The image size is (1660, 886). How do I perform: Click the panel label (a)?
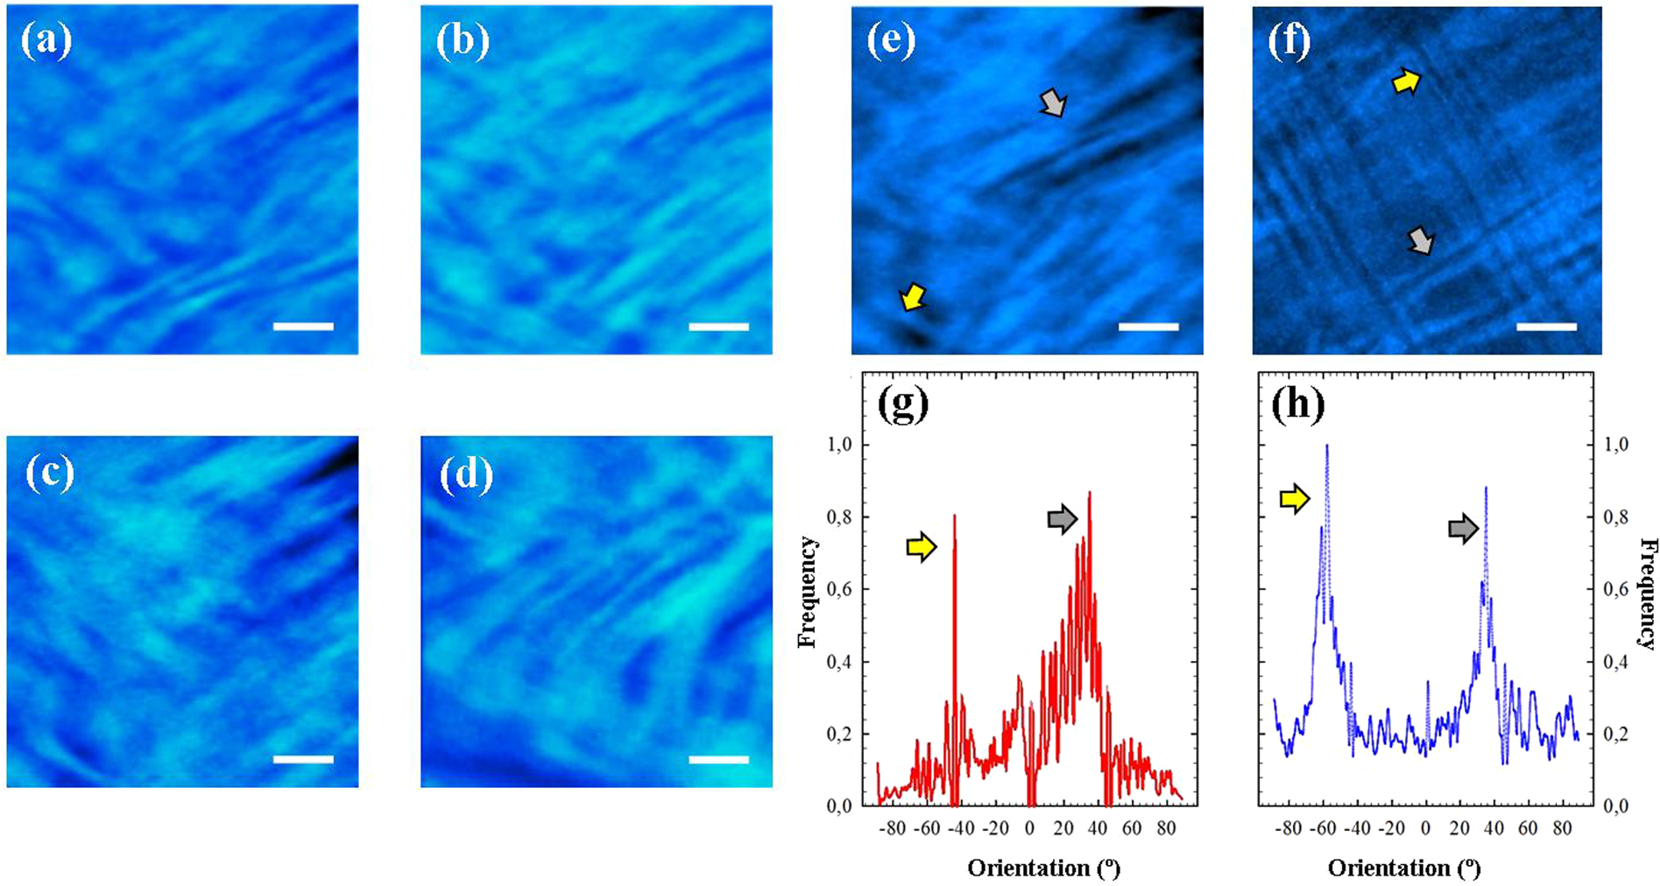tap(46, 41)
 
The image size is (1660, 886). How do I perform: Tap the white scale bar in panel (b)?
tap(718, 327)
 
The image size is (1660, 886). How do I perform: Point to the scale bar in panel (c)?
tap(303, 759)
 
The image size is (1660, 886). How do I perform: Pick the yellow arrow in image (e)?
tap(913, 297)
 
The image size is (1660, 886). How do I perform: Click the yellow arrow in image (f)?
tap(1406, 81)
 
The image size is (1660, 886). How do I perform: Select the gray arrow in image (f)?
tap(1421, 240)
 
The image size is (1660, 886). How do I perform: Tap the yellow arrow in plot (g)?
tap(921, 547)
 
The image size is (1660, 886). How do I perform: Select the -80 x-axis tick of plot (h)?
tap(1289, 827)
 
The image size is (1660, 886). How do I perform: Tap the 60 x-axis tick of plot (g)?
tap(1132, 827)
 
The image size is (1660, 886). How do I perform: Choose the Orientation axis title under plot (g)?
tap(1043, 868)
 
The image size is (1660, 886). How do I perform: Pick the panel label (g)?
tap(901, 406)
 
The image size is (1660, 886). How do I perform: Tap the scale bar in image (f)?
tap(1545, 327)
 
